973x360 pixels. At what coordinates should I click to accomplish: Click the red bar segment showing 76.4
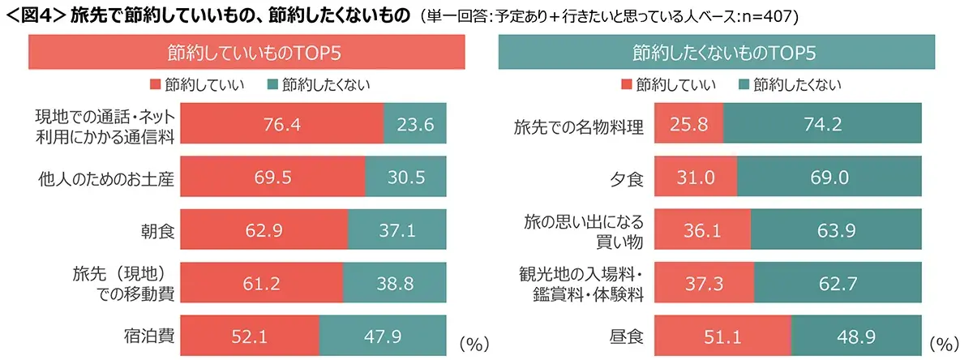281,125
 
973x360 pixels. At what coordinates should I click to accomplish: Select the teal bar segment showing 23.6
415,125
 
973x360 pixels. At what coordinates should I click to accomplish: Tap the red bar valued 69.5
272,178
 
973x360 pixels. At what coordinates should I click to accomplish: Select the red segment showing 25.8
688,125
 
